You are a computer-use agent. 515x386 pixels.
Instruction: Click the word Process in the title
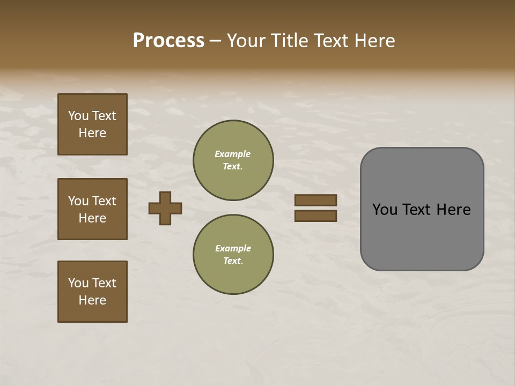168,41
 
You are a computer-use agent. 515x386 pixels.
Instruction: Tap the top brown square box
92,124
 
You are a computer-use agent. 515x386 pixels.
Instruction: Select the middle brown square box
92,209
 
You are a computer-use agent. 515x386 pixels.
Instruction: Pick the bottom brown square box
92,292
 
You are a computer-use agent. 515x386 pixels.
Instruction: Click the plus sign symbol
165,208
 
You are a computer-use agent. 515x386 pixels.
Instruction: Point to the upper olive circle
233,160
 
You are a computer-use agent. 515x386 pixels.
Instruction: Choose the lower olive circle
233,255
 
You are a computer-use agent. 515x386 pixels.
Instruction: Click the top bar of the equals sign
315,200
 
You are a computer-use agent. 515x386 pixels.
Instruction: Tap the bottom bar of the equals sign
315,216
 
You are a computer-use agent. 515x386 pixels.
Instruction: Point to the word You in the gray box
385,210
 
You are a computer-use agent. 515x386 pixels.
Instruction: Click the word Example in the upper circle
232,154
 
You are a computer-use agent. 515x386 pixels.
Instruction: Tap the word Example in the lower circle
233,248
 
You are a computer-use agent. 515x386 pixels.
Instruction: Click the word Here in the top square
92,133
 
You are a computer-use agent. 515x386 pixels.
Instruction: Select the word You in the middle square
78,201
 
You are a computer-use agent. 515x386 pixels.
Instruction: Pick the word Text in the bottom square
104,283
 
